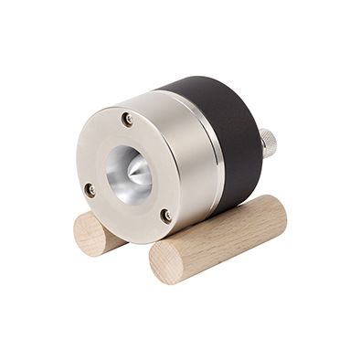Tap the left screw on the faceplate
coord(90,190)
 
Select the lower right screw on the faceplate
coord(165,216)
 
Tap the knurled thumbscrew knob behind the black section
coord(267,143)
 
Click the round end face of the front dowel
coord(166,262)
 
